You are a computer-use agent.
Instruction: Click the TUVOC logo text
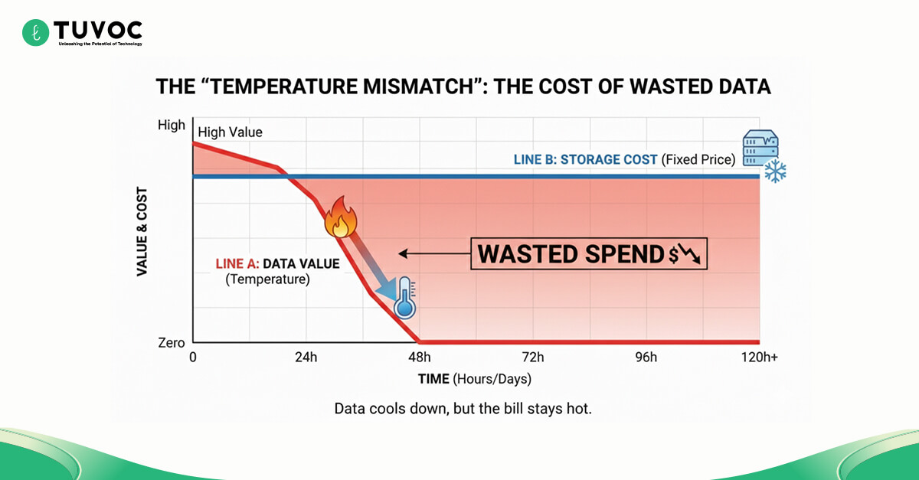pyautogui.click(x=97, y=30)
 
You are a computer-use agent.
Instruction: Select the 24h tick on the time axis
pyautogui.click(x=306, y=358)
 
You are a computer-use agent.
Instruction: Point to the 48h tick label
pyautogui.click(x=419, y=358)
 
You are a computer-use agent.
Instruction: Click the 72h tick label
pyautogui.click(x=532, y=358)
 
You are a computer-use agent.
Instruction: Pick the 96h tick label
pyautogui.click(x=646, y=358)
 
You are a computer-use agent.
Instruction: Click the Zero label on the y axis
pyautogui.click(x=172, y=343)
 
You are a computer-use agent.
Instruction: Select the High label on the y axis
pyautogui.click(x=172, y=125)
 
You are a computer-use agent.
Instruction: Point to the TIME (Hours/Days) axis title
pyautogui.click(x=474, y=379)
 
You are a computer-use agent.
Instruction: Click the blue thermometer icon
pyautogui.click(x=405, y=299)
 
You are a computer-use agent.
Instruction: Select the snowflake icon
pyautogui.click(x=776, y=171)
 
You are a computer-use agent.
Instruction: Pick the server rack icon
pyautogui.click(x=760, y=148)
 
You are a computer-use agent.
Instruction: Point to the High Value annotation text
pyautogui.click(x=230, y=132)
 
